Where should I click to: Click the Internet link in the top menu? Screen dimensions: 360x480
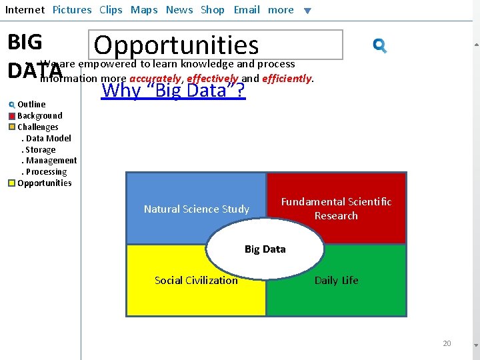point(25,10)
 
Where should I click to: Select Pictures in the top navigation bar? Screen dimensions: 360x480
point(72,10)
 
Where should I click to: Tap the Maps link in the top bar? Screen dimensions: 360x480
point(144,10)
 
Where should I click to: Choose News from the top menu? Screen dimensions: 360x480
point(179,10)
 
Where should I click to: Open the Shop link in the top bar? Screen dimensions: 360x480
point(213,10)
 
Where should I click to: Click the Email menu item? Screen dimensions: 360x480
point(247,10)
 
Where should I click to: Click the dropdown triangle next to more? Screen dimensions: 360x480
point(307,11)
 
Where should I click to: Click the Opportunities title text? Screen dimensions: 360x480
point(176,45)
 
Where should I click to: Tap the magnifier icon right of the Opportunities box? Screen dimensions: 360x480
point(380,45)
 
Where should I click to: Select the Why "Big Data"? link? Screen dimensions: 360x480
point(173,90)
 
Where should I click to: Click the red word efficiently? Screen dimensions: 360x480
point(287,79)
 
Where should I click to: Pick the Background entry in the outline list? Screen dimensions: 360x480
point(40,116)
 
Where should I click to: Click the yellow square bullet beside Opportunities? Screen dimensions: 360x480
point(12,183)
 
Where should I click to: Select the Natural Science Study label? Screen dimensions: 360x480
point(197,209)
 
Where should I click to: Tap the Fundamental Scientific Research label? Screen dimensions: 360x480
point(336,209)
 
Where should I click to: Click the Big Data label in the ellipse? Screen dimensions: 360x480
point(265,249)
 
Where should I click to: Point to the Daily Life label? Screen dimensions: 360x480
point(336,281)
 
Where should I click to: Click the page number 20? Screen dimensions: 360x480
point(447,343)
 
